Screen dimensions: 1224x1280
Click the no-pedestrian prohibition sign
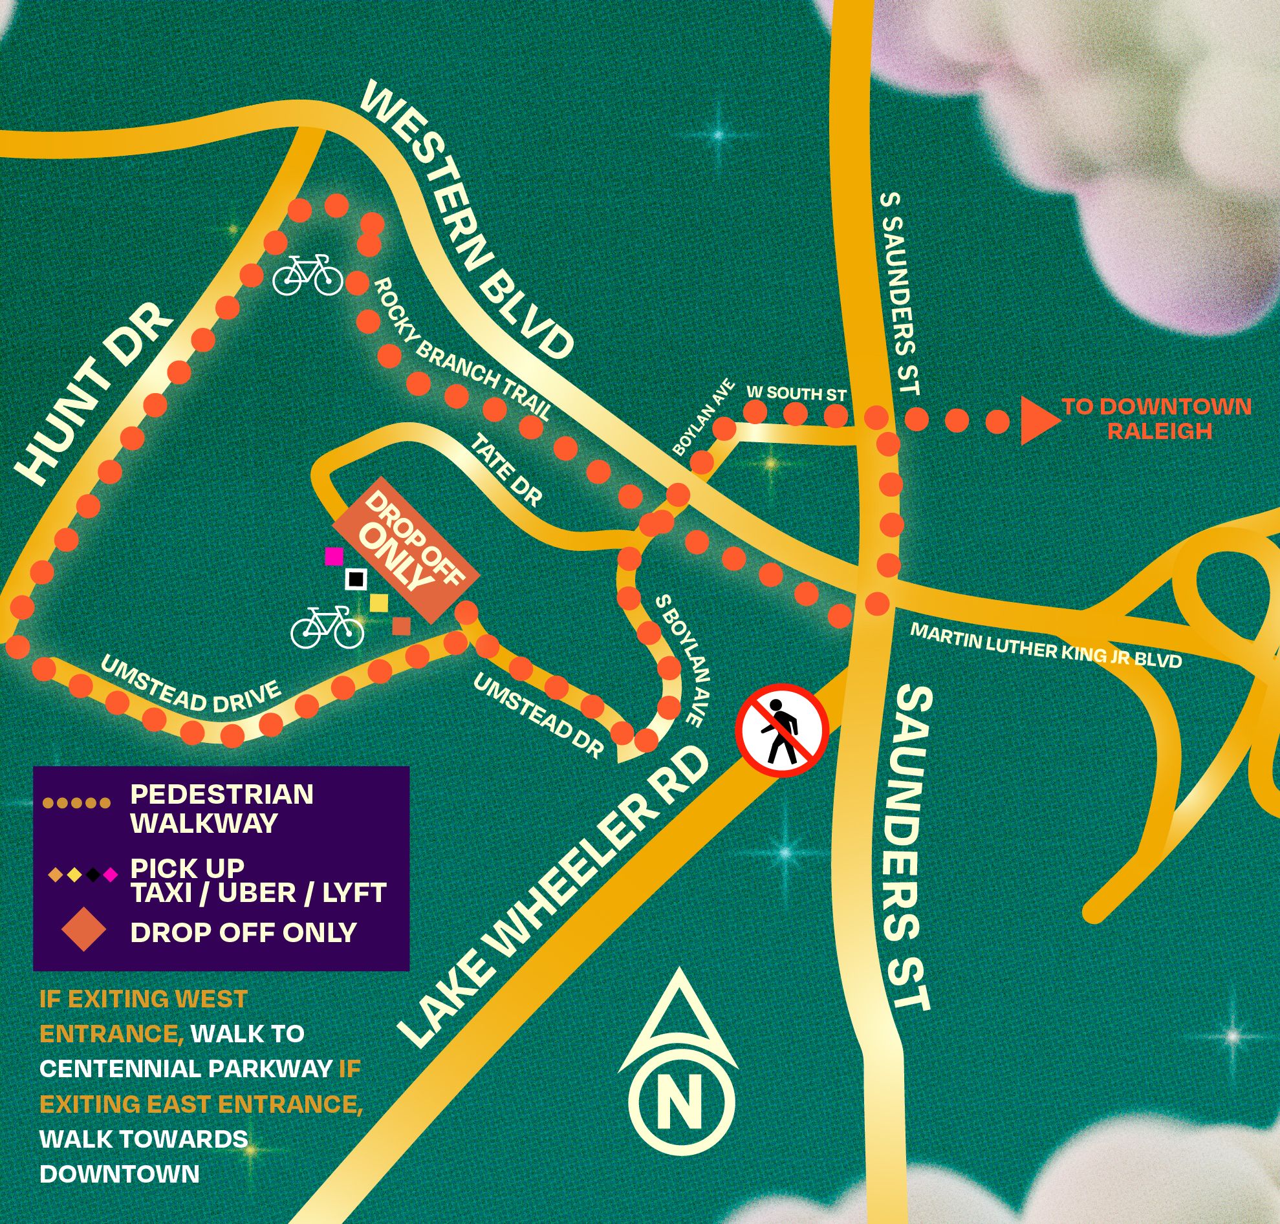[783, 729]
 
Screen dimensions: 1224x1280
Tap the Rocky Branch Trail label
[462, 350]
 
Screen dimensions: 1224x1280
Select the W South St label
[796, 393]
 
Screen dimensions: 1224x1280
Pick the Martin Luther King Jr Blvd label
[1045, 645]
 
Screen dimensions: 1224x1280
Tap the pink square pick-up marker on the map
[334, 556]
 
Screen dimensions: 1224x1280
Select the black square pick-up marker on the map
[356, 579]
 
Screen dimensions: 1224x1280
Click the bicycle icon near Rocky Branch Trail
[307, 275]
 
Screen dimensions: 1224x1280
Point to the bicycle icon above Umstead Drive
[327, 627]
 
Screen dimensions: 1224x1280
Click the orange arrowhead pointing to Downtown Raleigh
[1039, 422]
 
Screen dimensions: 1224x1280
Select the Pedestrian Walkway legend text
[221, 808]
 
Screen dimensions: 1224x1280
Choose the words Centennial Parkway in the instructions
[186, 1068]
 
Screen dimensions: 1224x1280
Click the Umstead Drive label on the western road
[190, 685]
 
